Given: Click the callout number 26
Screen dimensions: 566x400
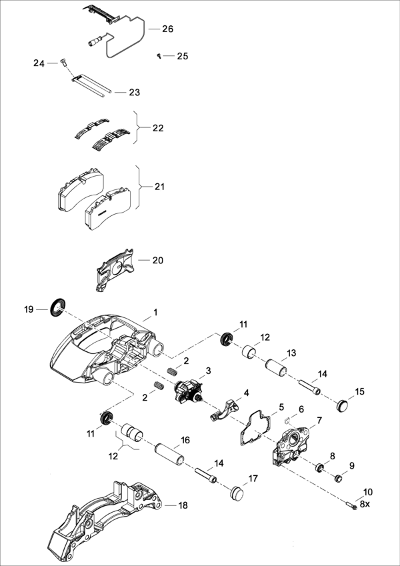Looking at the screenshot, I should click(167, 29).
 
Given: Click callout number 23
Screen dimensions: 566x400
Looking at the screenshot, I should click(135, 92).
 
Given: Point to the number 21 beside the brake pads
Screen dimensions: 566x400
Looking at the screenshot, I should click(159, 187).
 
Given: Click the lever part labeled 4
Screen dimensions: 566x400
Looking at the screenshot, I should click(225, 409).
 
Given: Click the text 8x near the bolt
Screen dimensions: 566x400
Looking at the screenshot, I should click(364, 505).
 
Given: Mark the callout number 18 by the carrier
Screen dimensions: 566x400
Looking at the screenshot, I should click(183, 505).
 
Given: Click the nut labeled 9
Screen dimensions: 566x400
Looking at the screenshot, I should click(338, 477).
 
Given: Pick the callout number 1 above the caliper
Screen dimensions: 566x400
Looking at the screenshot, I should click(155, 312).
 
